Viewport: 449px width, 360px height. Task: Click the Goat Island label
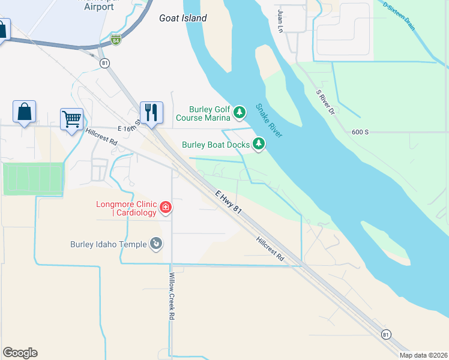tap(183, 18)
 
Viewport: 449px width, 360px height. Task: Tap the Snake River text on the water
tap(269, 121)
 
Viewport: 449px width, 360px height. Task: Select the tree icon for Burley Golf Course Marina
tap(240, 112)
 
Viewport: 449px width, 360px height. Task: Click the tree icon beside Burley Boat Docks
tap(259, 144)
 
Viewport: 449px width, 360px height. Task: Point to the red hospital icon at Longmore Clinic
tap(166, 209)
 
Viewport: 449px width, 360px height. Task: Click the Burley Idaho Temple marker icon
tap(156, 244)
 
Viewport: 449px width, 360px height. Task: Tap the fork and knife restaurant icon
tap(150, 112)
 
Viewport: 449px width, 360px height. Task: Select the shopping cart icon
tap(71, 118)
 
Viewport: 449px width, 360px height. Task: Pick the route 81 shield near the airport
tap(105, 64)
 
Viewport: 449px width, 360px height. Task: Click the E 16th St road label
tap(129, 126)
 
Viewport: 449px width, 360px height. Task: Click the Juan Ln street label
tap(280, 21)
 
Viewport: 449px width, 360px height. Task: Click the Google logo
tap(20, 353)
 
